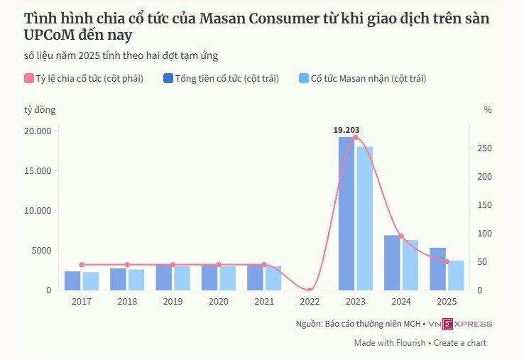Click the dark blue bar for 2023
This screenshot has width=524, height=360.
point(346,213)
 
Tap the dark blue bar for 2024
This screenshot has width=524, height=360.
point(392,262)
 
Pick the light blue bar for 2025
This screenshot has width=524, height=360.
point(456,276)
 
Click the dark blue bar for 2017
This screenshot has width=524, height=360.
point(72,280)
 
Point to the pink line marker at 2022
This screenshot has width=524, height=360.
point(310,290)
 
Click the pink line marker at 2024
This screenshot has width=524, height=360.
point(401,236)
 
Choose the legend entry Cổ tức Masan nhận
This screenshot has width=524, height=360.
point(367,79)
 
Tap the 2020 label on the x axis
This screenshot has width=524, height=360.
point(218,301)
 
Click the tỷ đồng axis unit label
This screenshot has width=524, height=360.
point(39,109)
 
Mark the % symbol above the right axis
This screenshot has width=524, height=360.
point(488,109)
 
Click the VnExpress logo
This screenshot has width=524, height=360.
point(460,324)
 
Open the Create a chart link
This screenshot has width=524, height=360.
point(459,342)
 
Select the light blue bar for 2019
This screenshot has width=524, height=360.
point(182,278)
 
